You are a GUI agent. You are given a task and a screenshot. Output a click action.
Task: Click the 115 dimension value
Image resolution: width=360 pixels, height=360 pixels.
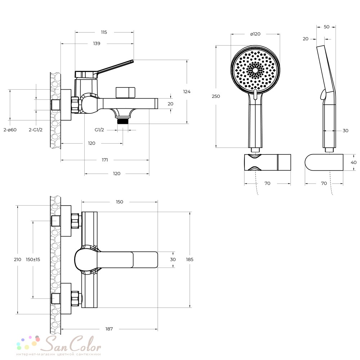104,32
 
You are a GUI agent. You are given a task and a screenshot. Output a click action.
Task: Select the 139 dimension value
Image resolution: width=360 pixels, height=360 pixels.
96,44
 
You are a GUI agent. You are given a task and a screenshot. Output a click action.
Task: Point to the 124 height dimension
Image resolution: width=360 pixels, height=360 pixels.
186,91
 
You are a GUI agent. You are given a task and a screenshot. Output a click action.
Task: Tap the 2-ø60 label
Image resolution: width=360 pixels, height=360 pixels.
10,130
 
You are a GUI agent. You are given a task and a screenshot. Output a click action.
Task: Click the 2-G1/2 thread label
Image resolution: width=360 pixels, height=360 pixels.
36,130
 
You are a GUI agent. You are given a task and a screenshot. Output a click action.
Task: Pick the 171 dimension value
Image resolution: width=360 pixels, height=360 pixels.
105,160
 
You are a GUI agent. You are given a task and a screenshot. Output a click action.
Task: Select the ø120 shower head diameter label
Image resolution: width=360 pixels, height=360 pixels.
255,34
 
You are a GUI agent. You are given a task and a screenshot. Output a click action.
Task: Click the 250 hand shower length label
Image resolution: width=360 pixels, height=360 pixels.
216,96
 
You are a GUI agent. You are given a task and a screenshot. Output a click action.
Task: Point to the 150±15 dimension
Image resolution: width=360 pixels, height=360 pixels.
33,260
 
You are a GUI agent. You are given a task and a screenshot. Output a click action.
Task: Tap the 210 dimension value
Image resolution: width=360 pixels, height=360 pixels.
17,260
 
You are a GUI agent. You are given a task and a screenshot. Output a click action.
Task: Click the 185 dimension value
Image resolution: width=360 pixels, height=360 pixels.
190,260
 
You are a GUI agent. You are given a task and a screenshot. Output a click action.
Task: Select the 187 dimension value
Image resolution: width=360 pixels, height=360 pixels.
109,329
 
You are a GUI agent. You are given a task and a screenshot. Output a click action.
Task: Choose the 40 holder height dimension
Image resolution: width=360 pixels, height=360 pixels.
354,162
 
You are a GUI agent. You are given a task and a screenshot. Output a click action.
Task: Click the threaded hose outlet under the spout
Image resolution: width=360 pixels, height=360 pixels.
123,121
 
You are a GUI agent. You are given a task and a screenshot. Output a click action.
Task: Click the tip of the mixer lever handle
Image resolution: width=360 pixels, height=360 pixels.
133,61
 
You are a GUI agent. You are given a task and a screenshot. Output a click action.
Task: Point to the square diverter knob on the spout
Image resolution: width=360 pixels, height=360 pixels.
125,93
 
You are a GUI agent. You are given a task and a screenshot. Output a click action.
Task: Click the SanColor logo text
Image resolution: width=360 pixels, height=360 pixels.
73,344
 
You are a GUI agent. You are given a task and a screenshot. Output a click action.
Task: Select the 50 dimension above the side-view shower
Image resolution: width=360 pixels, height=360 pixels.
327,27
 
